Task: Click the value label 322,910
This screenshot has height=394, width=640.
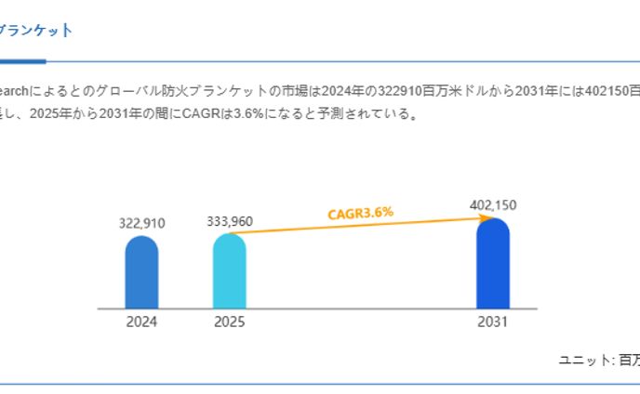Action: click(x=141, y=223)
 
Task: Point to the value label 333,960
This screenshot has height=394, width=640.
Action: click(x=229, y=221)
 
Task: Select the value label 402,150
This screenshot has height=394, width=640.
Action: click(x=492, y=205)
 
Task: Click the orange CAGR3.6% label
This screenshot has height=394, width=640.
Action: click(x=360, y=213)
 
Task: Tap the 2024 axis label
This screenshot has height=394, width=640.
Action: click(x=141, y=322)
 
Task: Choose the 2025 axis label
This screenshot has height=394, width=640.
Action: click(x=229, y=322)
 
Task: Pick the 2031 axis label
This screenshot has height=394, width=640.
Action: click(x=492, y=322)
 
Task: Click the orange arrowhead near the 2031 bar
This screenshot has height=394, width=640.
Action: click(x=486, y=218)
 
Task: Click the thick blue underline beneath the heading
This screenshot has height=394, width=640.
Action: click(x=22, y=62)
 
